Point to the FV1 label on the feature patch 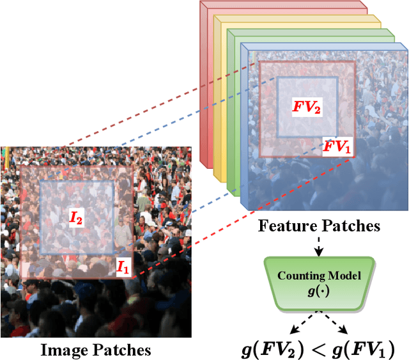[337, 147]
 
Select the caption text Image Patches [96, 350]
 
